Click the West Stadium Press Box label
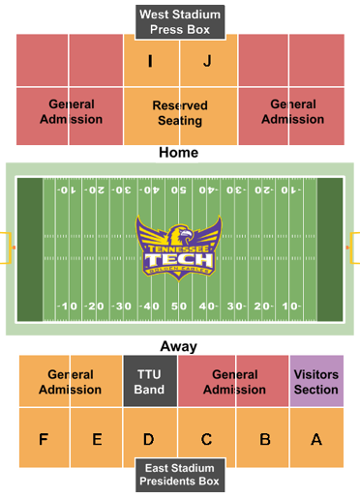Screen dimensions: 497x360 (x=180, y=22)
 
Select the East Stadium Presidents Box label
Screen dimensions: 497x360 (x=180, y=473)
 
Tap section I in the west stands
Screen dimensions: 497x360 (x=150, y=62)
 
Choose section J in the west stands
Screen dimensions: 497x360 (x=207, y=62)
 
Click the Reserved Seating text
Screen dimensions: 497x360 (x=180, y=112)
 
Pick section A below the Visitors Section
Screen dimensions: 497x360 (x=316, y=439)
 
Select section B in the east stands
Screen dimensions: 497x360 (x=264, y=439)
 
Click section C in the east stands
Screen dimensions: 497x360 (x=206, y=439)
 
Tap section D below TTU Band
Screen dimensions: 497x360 (x=149, y=439)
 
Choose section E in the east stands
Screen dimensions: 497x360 (x=97, y=439)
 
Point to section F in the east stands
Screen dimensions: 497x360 (x=44, y=439)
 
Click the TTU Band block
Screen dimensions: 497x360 (x=150, y=381)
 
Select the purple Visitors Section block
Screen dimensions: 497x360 (x=316, y=381)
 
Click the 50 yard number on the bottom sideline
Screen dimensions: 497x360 (x=179, y=307)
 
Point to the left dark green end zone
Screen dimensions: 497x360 (x=30, y=248)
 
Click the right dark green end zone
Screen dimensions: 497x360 (x=330, y=248)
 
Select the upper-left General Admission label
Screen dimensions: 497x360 (x=71, y=111)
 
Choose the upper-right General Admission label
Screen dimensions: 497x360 (x=292, y=111)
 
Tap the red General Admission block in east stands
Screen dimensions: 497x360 (x=233, y=381)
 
